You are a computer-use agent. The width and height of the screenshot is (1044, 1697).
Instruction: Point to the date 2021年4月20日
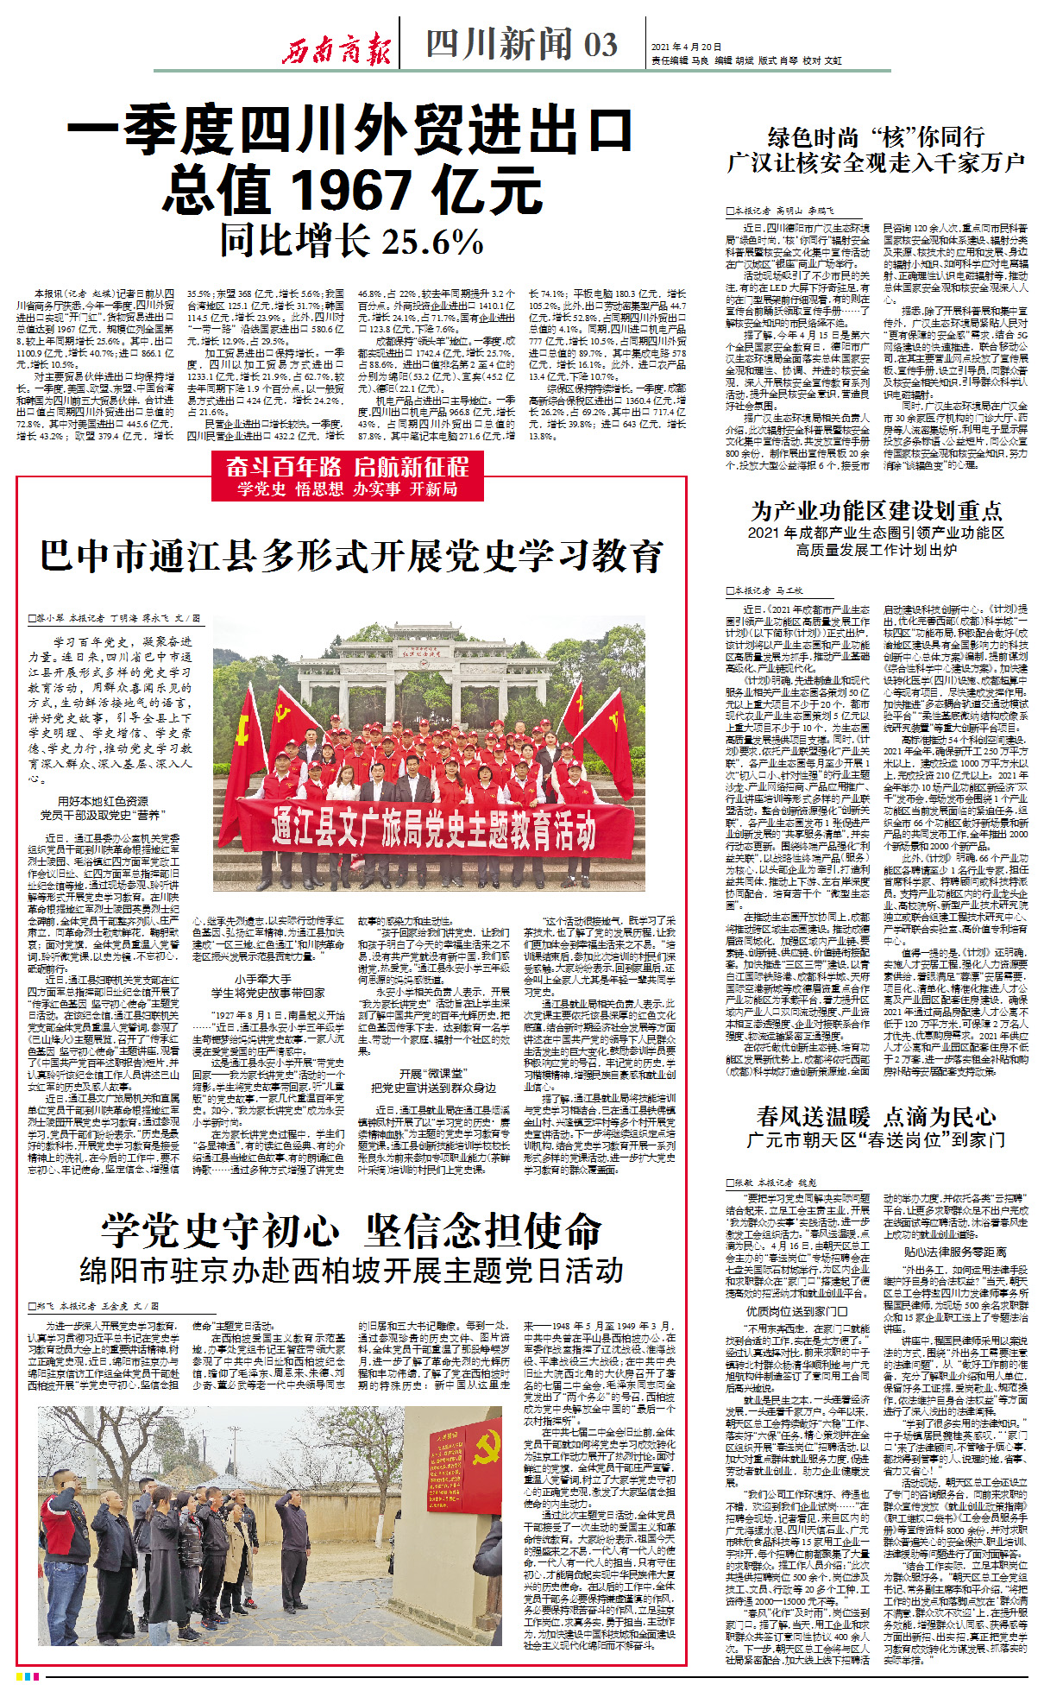click(686, 47)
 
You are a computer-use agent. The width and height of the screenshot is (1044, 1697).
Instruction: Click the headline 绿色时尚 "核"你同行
click(876, 137)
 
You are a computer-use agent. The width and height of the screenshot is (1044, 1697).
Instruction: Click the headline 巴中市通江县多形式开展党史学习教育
click(351, 556)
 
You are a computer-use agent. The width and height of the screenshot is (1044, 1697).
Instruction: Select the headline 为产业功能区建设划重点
click(876, 510)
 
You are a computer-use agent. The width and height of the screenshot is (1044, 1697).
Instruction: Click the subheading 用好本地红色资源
click(103, 801)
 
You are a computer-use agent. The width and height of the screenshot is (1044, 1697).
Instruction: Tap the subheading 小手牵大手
click(263, 979)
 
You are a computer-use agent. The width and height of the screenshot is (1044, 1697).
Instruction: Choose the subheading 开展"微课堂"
click(433, 1074)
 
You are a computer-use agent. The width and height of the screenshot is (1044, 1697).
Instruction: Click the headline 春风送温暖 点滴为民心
click(876, 1117)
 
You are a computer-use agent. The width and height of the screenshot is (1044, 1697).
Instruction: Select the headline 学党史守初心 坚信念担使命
click(351, 1231)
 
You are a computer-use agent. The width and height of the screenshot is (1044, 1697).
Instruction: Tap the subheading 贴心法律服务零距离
click(954, 1251)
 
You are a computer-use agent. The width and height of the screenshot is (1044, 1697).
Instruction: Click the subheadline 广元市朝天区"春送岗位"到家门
click(876, 1140)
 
